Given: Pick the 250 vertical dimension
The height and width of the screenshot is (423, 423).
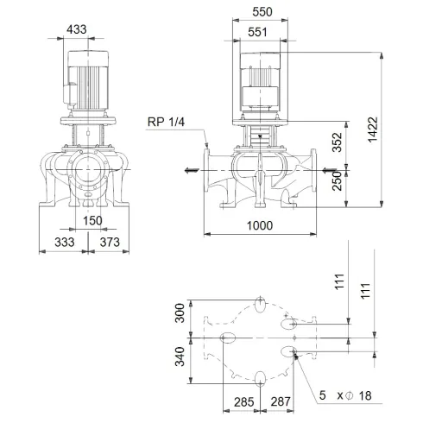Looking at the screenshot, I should (338, 181).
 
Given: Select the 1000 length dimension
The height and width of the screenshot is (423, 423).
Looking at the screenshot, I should (258, 225).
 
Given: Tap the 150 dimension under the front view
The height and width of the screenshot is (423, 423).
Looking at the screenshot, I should (93, 219).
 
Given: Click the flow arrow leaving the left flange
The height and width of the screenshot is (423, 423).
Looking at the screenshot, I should (186, 168).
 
